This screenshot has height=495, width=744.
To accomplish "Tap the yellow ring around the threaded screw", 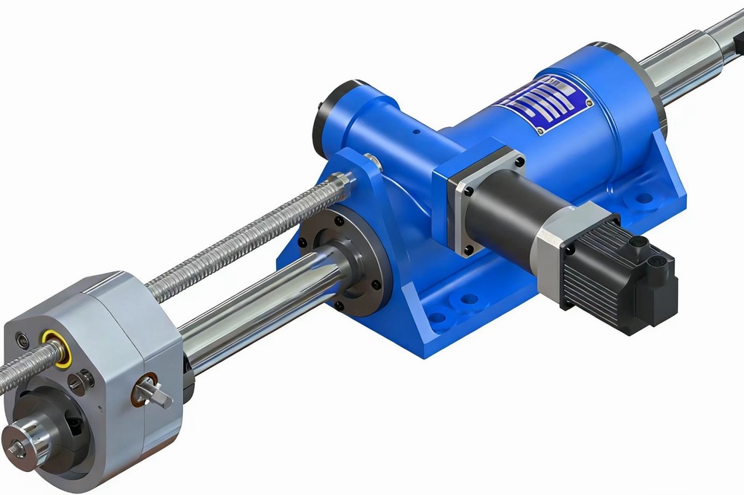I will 56,347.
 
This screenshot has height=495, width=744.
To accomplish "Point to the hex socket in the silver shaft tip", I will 17,444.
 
